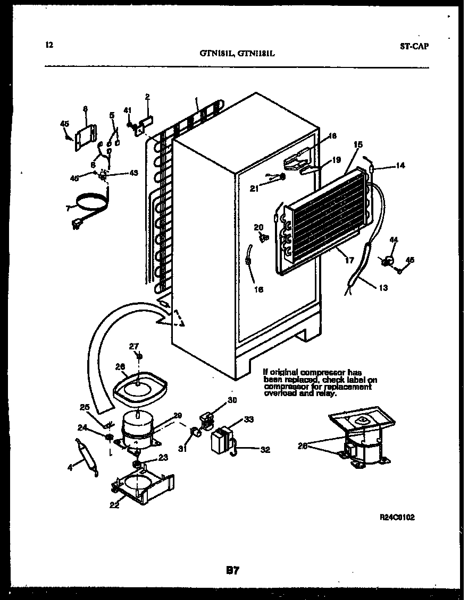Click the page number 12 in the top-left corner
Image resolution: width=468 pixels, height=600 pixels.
point(49,45)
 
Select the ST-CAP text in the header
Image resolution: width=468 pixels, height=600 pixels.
point(414,46)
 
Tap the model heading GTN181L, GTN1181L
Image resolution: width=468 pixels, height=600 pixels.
point(237,53)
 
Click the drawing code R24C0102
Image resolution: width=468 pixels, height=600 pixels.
point(397,517)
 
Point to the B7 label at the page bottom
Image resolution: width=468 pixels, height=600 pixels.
point(232,571)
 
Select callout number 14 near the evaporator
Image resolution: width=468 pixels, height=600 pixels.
point(400,166)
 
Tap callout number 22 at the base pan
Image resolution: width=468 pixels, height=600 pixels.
point(114,505)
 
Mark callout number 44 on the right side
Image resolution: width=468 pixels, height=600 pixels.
point(394,241)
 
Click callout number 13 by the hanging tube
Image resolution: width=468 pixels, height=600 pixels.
point(383,288)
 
